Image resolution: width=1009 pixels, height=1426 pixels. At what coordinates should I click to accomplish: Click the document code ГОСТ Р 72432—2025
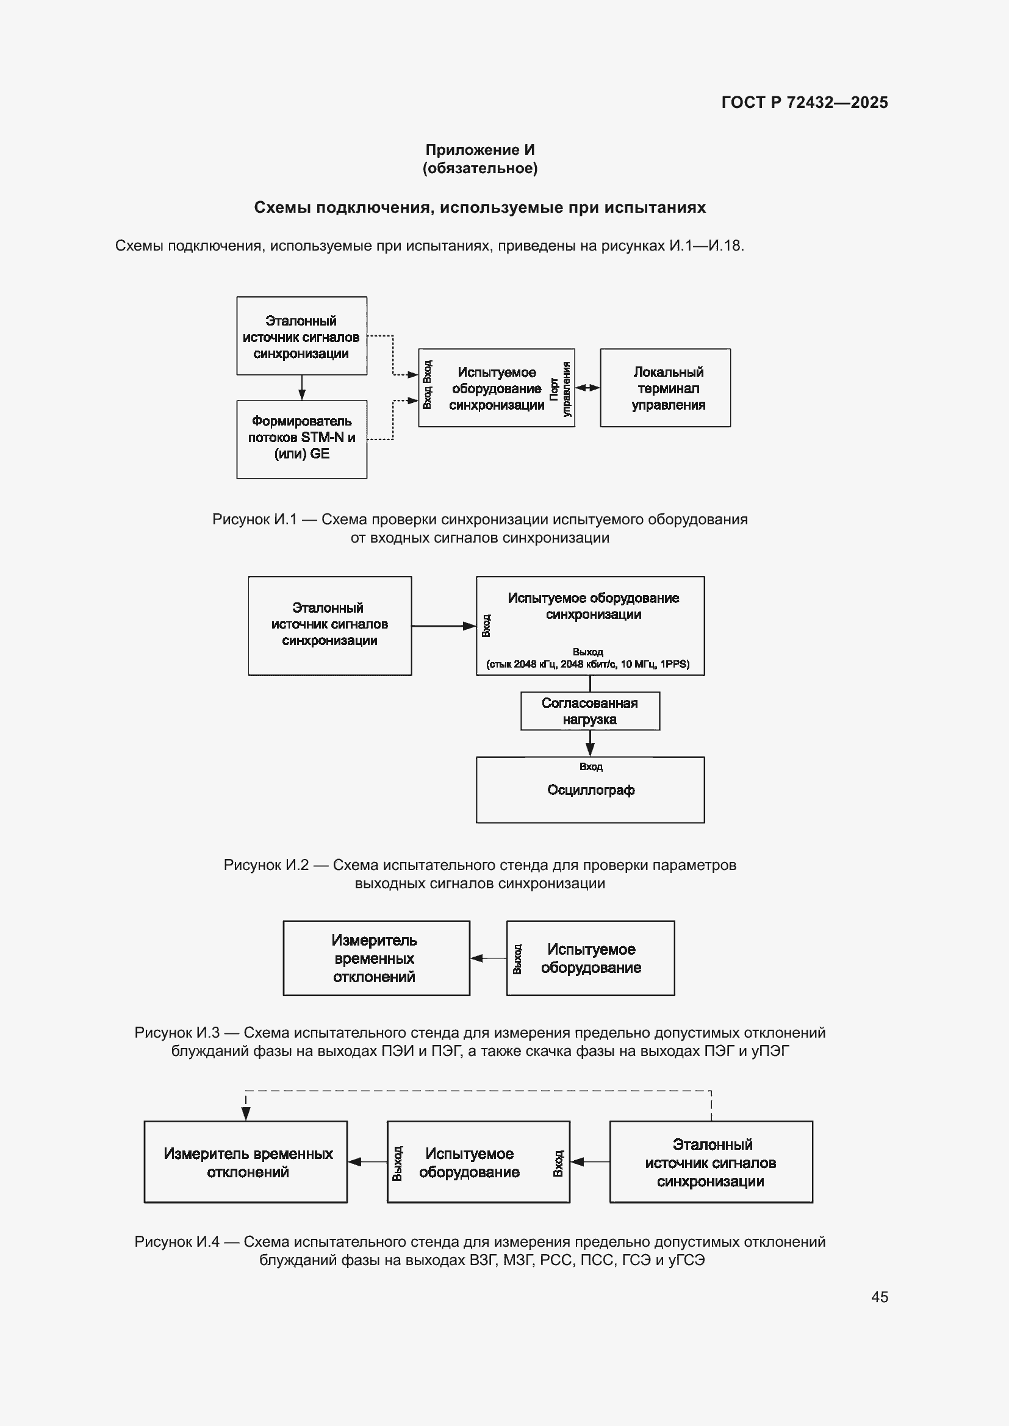click(x=805, y=102)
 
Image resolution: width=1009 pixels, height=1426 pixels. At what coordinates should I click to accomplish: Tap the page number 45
click(x=879, y=1297)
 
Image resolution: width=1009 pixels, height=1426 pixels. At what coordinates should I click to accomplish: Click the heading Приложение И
click(x=479, y=150)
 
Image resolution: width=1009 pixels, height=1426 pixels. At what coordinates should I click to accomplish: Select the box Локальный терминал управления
click(x=665, y=388)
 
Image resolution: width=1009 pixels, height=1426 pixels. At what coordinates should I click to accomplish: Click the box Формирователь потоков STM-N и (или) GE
click(x=301, y=439)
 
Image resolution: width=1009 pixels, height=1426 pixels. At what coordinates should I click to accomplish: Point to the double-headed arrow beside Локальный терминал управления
click(x=587, y=388)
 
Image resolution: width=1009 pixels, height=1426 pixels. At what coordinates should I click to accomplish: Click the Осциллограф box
click(x=591, y=790)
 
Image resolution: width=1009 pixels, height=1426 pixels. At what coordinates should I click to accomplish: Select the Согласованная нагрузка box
click(x=591, y=711)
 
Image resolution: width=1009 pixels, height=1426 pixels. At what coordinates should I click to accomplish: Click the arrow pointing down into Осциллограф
click(x=591, y=743)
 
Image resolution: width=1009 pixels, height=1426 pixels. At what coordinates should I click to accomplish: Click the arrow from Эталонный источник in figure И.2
click(x=443, y=626)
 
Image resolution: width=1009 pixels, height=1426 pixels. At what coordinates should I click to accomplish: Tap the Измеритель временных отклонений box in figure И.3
click(x=376, y=958)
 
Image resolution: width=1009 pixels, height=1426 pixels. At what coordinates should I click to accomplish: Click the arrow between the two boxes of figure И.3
click(x=489, y=958)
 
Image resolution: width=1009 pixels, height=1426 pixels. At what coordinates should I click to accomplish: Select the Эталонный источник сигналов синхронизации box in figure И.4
click(x=711, y=1162)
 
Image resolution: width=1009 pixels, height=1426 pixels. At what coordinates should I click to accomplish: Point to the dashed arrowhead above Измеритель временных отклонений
click(x=246, y=1114)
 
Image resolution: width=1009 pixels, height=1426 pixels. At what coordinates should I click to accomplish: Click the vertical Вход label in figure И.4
click(x=558, y=1163)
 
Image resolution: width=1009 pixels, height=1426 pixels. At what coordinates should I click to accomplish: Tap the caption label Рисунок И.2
click(x=266, y=865)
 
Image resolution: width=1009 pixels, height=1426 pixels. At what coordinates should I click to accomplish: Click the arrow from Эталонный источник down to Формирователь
click(x=302, y=388)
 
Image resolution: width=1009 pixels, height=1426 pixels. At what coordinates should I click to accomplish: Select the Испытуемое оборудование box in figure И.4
click(x=478, y=1162)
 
